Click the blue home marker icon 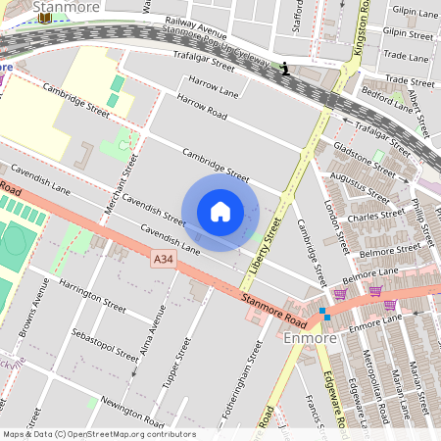point(220,212)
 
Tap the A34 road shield point(164,259)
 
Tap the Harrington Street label point(92,294)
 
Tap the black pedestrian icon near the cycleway point(284,68)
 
